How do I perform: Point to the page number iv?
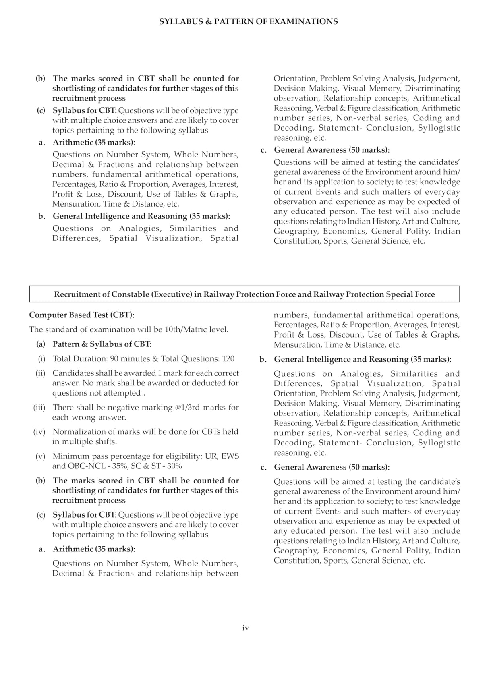pos(245,628)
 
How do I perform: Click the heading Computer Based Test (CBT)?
pos(82,315)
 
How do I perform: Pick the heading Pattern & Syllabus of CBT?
pos(102,344)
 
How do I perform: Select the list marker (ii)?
pos(41,373)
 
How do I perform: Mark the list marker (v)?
pos(41,456)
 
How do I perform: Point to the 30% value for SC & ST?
pos(174,466)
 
